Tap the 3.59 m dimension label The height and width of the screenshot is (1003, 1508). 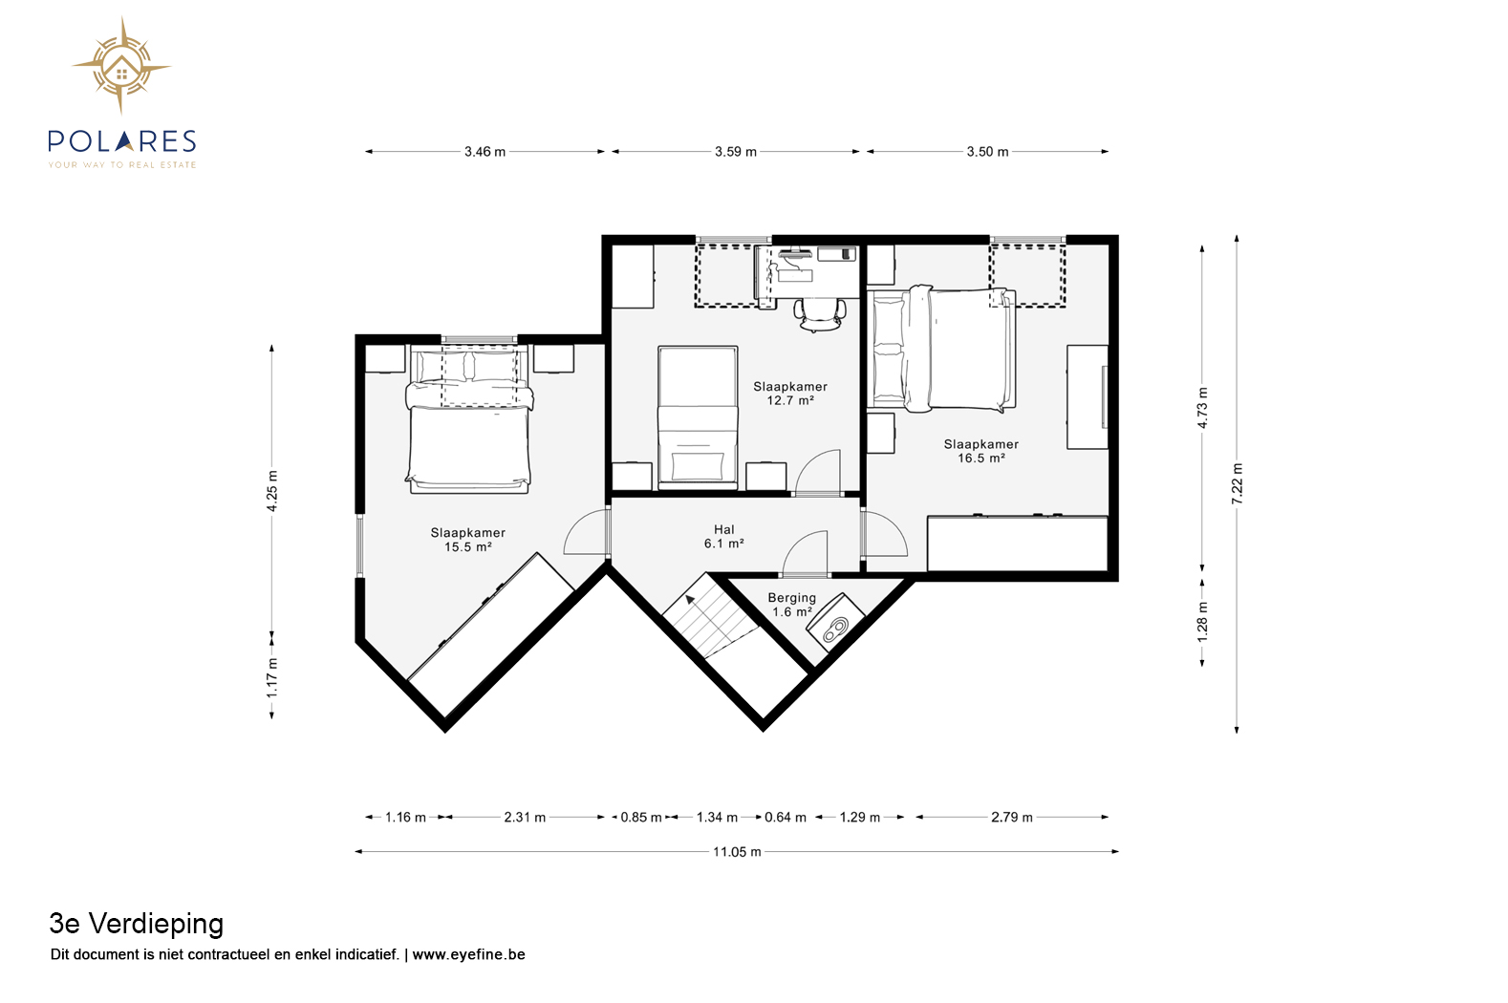point(736,152)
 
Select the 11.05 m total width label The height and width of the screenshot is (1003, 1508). point(737,852)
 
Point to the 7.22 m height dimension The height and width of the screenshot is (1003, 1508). point(1238,483)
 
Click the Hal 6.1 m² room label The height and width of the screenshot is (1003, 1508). point(724,537)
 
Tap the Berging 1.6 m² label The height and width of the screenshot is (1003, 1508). point(791,605)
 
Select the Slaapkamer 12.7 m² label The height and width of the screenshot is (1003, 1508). point(790,394)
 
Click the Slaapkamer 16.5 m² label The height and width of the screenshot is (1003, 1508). point(980,451)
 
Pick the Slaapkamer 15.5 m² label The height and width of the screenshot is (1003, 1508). point(468,540)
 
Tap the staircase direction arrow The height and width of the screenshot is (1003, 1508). point(690,598)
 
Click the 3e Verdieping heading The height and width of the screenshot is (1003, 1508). point(136,924)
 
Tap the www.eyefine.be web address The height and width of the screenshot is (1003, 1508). point(468,954)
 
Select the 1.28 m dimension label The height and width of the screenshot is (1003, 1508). point(1203,622)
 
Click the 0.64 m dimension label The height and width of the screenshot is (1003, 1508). point(786,818)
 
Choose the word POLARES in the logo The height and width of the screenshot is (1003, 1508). point(122,141)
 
